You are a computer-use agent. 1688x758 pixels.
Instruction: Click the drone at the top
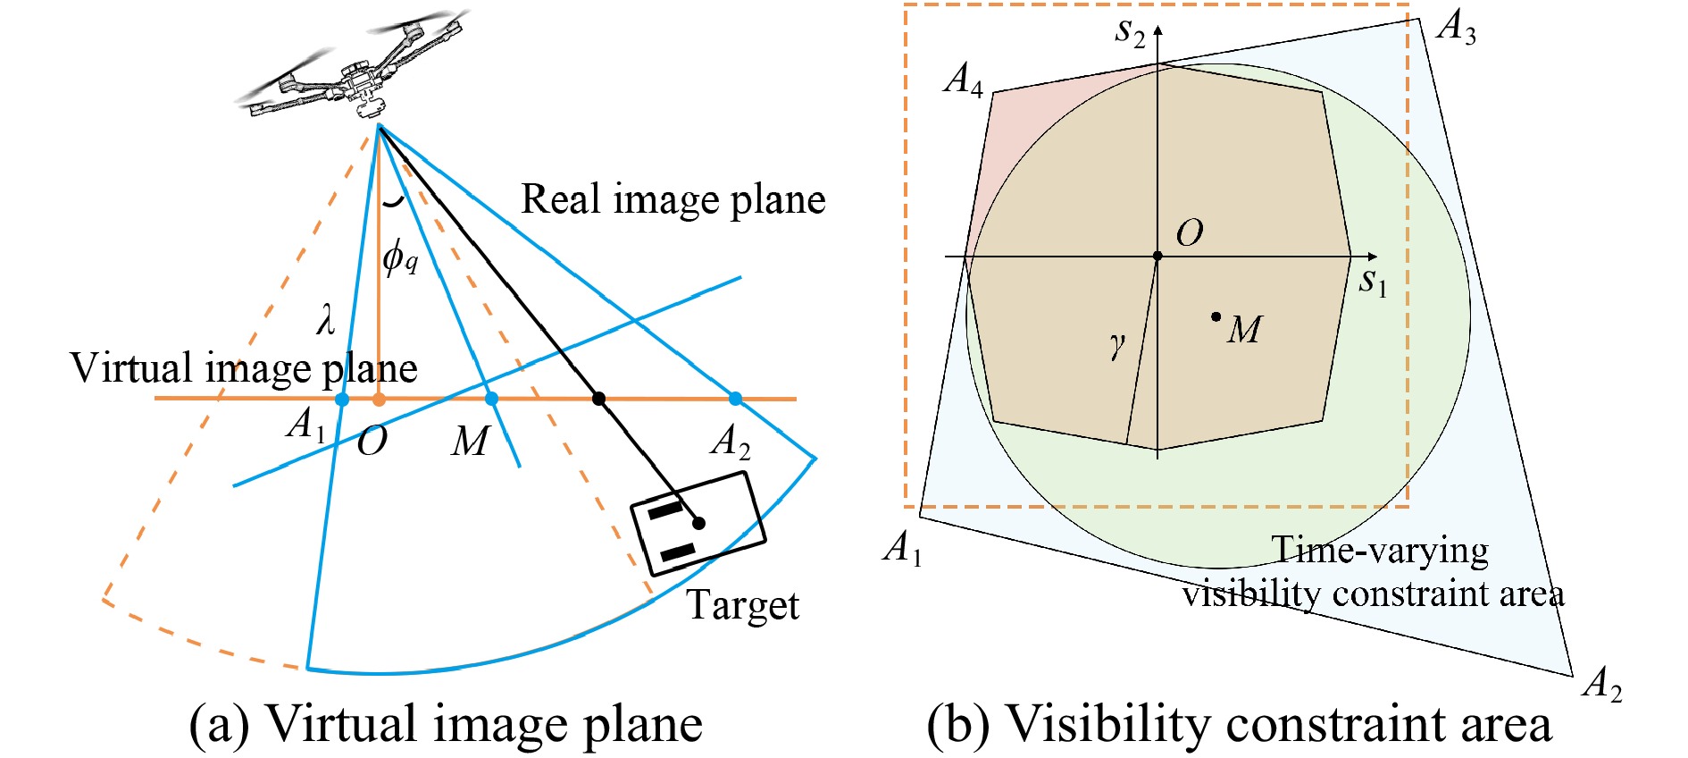[357, 72]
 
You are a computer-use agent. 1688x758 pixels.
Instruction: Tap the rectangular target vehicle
[698, 523]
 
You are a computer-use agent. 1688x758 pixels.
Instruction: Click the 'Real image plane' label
[673, 199]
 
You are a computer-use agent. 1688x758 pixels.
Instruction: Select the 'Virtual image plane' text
[243, 368]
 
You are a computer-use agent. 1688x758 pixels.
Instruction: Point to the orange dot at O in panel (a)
[379, 399]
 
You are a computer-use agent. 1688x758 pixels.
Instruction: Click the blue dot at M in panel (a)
[491, 399]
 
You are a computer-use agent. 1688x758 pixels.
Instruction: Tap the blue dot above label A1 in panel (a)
[342, 400]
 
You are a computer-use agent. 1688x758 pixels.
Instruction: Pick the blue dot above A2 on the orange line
[735, 399]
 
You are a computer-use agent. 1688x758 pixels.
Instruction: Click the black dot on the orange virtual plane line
[599, 399]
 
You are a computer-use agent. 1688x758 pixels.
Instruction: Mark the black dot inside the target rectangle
[699, 523]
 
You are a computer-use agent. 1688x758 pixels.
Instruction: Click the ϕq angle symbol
[400, 257]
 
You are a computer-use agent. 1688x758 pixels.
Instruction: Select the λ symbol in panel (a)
[326, 318]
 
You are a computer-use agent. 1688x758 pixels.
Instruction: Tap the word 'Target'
[742, 605]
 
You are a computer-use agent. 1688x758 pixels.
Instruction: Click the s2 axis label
[1130, 32]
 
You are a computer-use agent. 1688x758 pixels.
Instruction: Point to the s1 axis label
[1373, 282]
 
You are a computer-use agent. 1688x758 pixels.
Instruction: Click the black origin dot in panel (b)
[1157, 257]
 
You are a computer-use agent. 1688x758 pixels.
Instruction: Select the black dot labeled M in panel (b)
[1216, 316]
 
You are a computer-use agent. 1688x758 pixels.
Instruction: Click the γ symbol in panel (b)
[1117, 345]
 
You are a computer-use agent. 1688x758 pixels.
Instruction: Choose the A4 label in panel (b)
[964, 79]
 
